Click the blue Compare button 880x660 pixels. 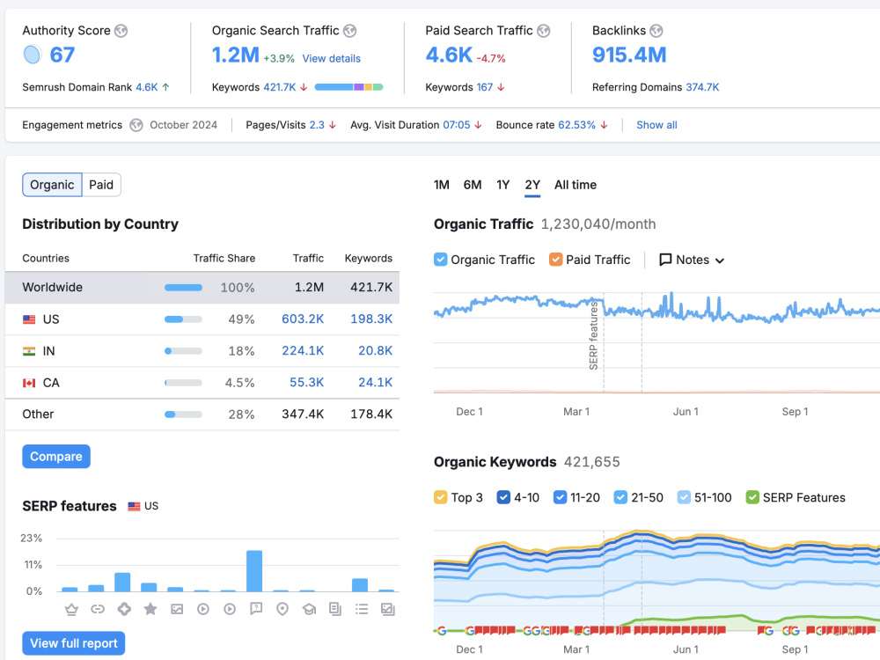tap(56, 456)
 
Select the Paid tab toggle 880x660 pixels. tap(101, 185)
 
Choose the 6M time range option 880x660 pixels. tap(473, 185)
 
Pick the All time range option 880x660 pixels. tap(576, 185)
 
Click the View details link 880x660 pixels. tap(331, 58)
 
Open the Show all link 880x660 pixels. tap(656, 125)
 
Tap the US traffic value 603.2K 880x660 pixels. tap(303, 319)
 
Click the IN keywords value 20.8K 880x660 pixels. tap(375, 351)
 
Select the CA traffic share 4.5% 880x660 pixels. tap(239, 383)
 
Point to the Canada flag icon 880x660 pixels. tap(29, 383)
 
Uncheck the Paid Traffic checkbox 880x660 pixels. tap(555, 260)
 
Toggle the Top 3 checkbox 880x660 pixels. tap(441, 497)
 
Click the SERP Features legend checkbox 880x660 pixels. tap(752, 497)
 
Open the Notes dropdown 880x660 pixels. tap(692, 260)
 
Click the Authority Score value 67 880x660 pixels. tap(62, 55)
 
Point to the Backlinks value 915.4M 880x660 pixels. tap(629, 55)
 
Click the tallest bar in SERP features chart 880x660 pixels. tap(254, 571)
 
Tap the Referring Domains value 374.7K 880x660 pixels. tap(702, 87)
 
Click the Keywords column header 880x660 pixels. tap(368, 258)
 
